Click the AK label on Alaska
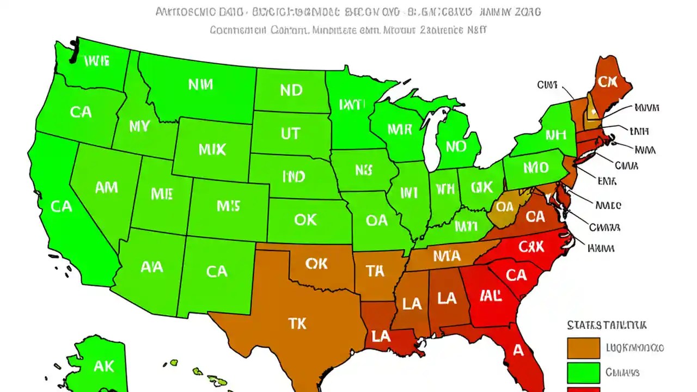pyautogui.click(x=103, y=365)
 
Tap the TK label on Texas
pyautogui.click(x=297, y=323)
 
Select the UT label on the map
pyautogui.click(x=291, y=133)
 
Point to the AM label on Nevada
pyautogui.click(x=106, y=188)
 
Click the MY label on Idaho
pyautogui.click(x=139, y=127)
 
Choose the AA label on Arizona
pyautogui.click(x=152, y=267)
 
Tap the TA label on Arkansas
pyautogui.click(x=375, y=271)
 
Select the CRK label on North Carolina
pyautogui.click(x=531, y=247)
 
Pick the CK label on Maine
pyautogui.click(x=607, y=82)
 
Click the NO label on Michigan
pyautogui.click(x=456, y=146)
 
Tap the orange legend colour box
pyautogui.click(x=583, y=348)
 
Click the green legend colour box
pyautogui.click(x=583, y=373)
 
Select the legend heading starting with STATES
pyautogui.click(x=607, y=326)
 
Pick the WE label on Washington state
pyautogui.click(x=97, y=60)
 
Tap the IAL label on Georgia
pyautogui.click(x=491, y=296)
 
